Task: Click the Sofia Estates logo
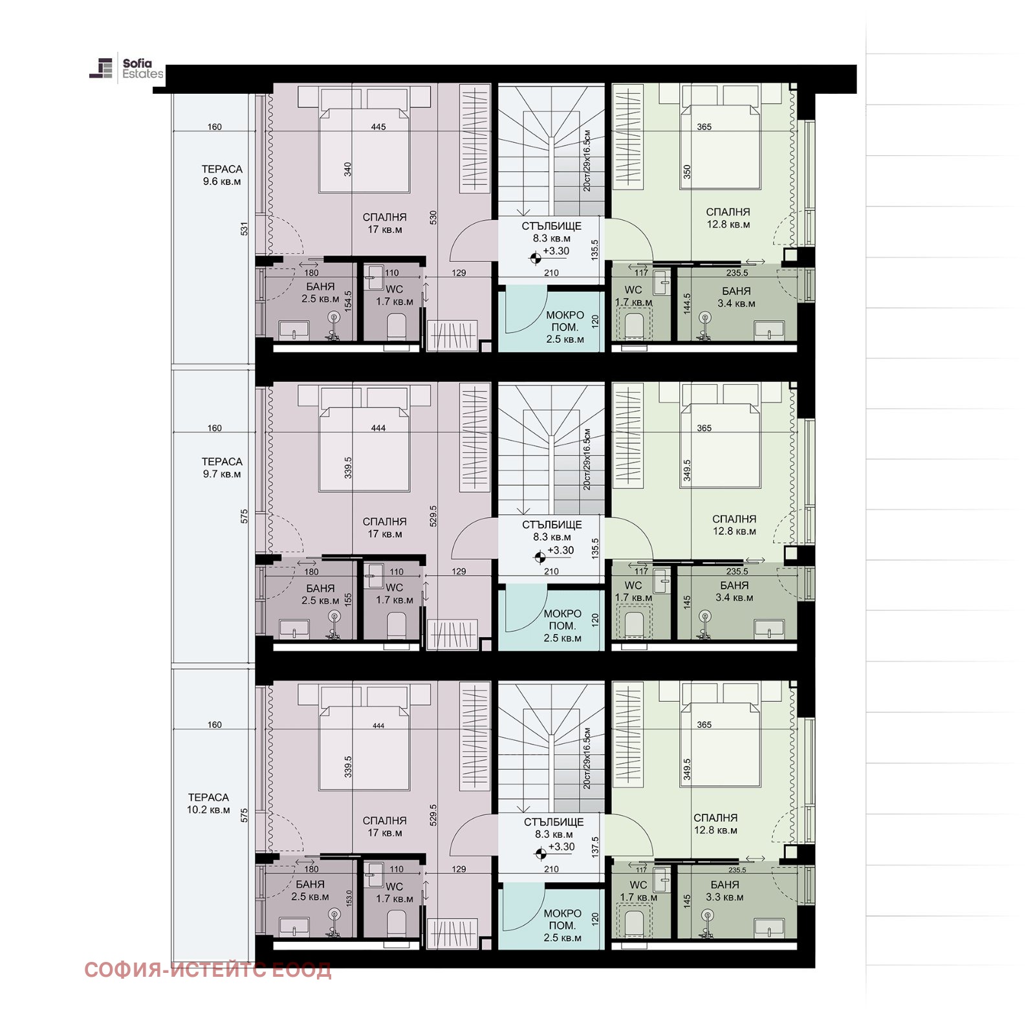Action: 126,69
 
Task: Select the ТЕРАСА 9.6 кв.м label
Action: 222,175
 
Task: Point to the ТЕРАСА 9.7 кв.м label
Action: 222,468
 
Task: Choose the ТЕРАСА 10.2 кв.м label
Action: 208,803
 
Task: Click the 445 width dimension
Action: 378,127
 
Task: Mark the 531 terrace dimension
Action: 244,228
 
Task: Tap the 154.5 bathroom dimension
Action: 348,301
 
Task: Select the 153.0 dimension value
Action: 349,898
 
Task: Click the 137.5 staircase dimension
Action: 595,847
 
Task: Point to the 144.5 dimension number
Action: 687,304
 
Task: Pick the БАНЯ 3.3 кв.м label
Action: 724,891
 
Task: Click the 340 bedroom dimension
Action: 347,169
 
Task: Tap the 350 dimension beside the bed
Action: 687,172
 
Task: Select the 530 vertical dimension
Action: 433,217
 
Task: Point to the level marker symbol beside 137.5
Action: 541,854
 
